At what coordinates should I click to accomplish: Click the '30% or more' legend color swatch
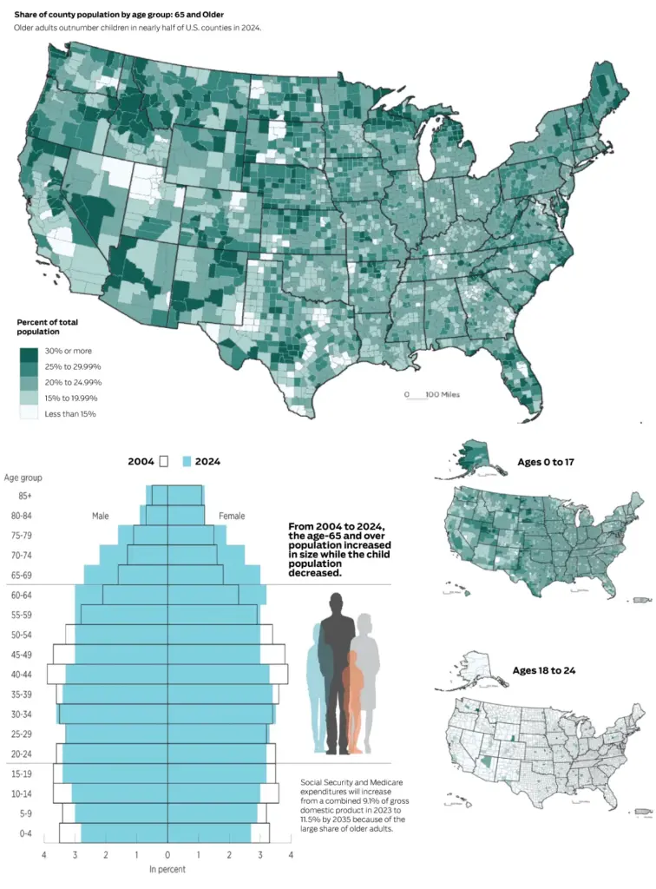tap(29, 354)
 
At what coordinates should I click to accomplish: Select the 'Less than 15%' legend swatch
tap(29, 412)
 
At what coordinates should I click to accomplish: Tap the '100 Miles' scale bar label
tap(443, 395)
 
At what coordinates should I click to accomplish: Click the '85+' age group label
tap(25, 496)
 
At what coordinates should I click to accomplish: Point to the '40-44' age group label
tap(22, 674)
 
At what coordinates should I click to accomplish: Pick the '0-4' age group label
tap(25, 833)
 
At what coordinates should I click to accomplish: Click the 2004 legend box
tap(164, 462)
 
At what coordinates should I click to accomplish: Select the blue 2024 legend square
tap(187, 462)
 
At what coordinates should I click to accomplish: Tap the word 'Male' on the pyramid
tap(101, 516)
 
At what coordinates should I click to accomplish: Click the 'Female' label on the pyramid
tap(232, 516)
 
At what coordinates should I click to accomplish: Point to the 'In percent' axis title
tap(167, 869)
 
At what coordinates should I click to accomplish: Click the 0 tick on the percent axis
tap(167, 854)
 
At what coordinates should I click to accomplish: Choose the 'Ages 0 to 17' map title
tap(546, 462)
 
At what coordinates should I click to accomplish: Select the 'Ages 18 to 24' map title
tap(544, 671)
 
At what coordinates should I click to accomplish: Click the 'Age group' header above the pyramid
tap(23, 478)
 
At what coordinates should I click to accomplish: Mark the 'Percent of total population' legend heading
tap(47, 326)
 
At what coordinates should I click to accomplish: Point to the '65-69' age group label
tap(22, 575)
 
